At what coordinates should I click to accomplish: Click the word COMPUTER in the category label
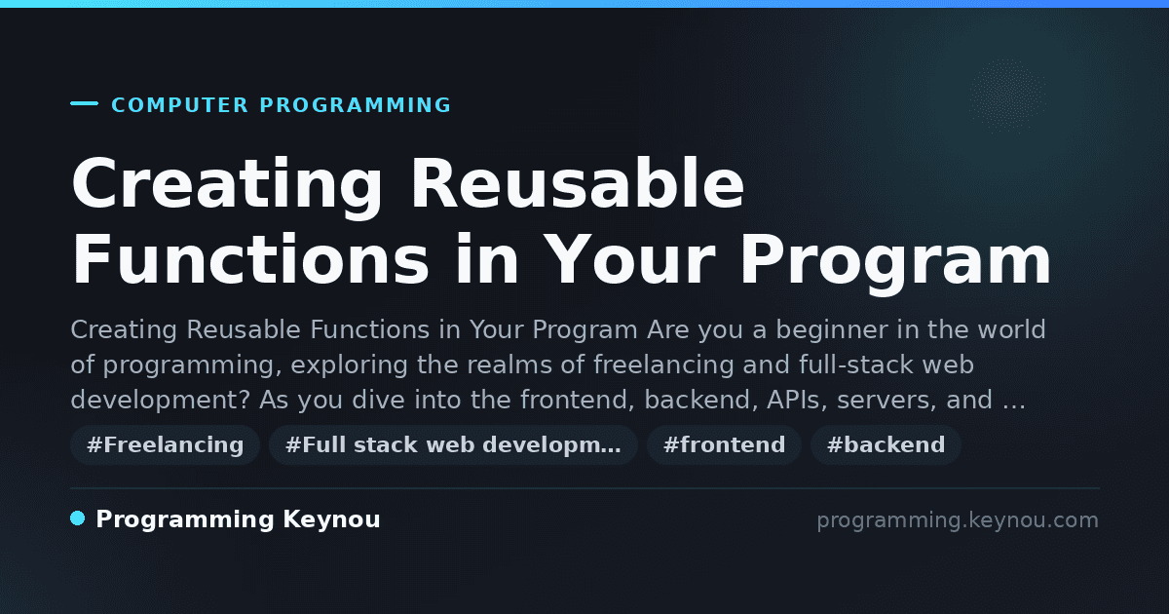(x=180, y=105)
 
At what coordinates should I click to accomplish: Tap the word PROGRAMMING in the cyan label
(x=355, y=105)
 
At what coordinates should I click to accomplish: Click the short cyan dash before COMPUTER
(x=84, y=103)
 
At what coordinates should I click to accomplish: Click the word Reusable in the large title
(x=577, y=184)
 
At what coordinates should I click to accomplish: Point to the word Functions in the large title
(x=250, y=259)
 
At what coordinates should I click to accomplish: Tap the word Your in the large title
(x=631, y=259)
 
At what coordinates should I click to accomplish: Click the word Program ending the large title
(x=895, y=264)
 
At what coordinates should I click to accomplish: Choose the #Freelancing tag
(x=166, y=444)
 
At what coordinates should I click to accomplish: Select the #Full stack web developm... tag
(x=453, y=444)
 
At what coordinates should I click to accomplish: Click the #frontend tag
(x=724, y=444)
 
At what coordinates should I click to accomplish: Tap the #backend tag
(x=886, y=444)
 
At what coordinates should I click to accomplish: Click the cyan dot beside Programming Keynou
(x=77, y=518)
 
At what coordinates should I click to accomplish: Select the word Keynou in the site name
(x=331, y=520)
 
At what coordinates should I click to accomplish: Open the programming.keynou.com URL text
(x=958, y=520)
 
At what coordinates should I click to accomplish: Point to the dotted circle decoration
(x=1007, y=96)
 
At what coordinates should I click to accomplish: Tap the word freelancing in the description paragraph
(x=663, y=365)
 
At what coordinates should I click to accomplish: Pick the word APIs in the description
(x=797, y=401)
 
